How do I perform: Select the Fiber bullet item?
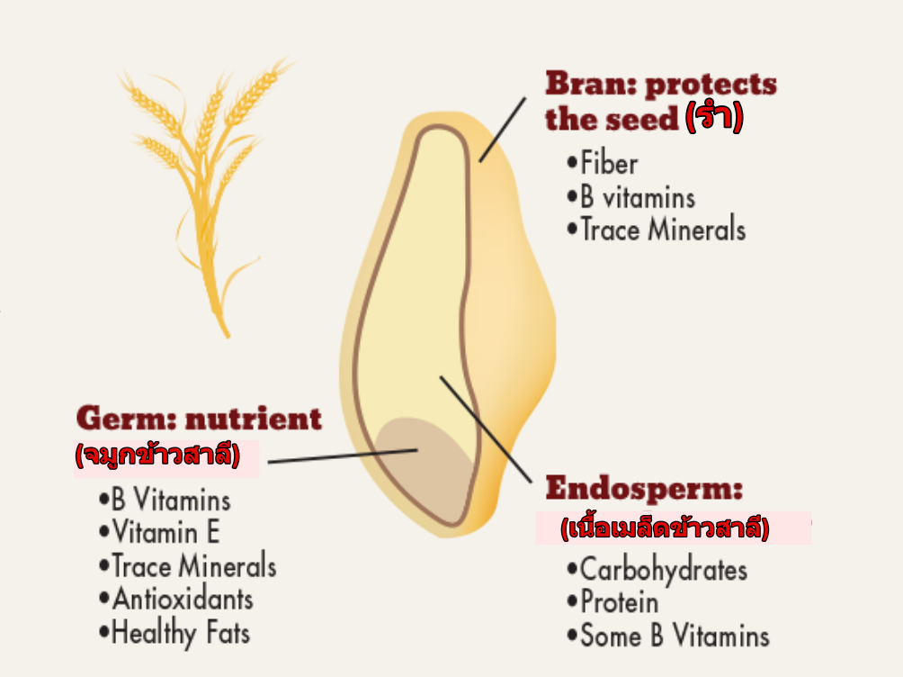point(603,163)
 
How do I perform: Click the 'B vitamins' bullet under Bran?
point(631,196)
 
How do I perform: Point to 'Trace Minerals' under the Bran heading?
point(657,229)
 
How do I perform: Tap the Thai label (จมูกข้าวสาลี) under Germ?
point(157,455)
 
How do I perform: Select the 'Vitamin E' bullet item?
point(159,532)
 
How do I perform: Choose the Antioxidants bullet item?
point(176,599)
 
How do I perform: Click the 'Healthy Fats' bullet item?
point(174,633)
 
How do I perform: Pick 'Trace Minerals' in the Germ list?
point(188,565)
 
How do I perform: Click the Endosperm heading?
point(644,490)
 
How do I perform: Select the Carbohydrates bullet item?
point(657,570)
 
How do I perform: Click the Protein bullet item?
point(612,602)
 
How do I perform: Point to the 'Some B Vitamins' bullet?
point(668,636)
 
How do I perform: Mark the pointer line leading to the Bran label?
point(502,130)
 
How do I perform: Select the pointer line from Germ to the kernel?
point(343,456)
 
